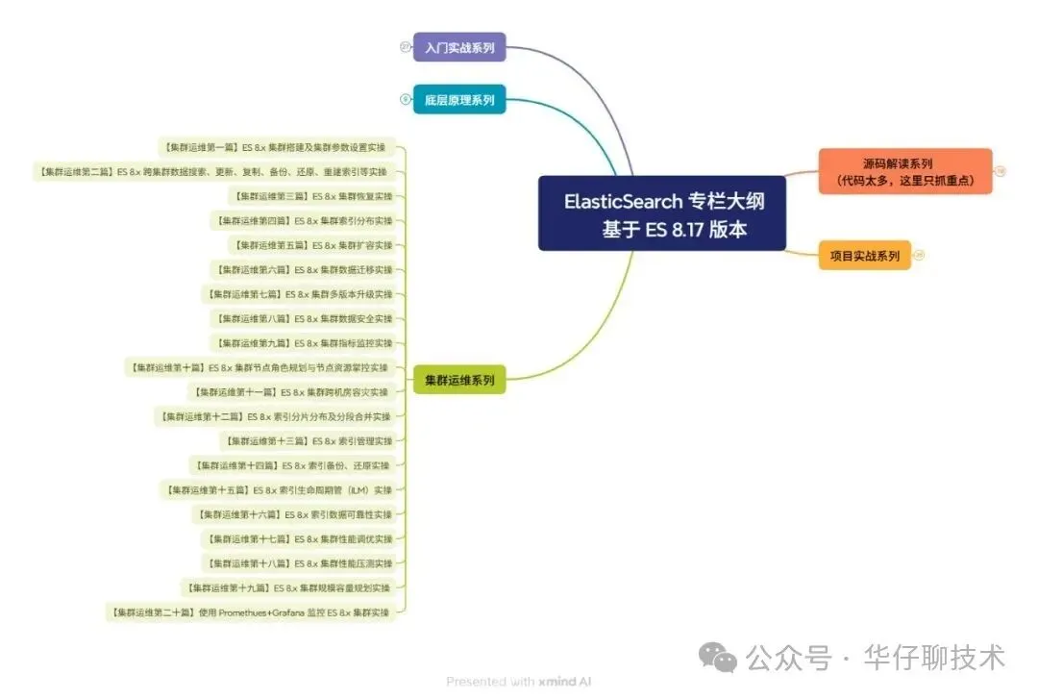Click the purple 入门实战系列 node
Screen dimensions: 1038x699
(x=459, y=47)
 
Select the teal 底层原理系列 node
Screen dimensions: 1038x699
(x=459, y=99)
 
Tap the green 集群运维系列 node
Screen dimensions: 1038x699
(x=459, y=381)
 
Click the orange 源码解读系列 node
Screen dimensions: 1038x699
(x=904, y=171)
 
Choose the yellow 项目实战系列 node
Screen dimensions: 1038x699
(x=864, y=256)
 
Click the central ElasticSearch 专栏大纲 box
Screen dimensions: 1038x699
(x=661, y=214)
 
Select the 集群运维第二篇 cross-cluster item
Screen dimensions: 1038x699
(x=214, y=172)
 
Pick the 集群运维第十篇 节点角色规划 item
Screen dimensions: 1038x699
(x=258, y=367)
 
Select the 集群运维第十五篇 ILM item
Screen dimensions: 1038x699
(x=277, y=490)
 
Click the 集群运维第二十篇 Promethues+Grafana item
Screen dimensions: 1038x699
(x=250, y=612)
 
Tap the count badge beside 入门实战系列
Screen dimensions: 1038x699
(x=406, y=47)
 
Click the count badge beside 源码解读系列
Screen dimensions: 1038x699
(x=1001, y=171)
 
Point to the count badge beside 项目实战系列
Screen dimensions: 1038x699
(x=919, y=256)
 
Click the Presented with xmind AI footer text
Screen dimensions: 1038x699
(x=518, y=682)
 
